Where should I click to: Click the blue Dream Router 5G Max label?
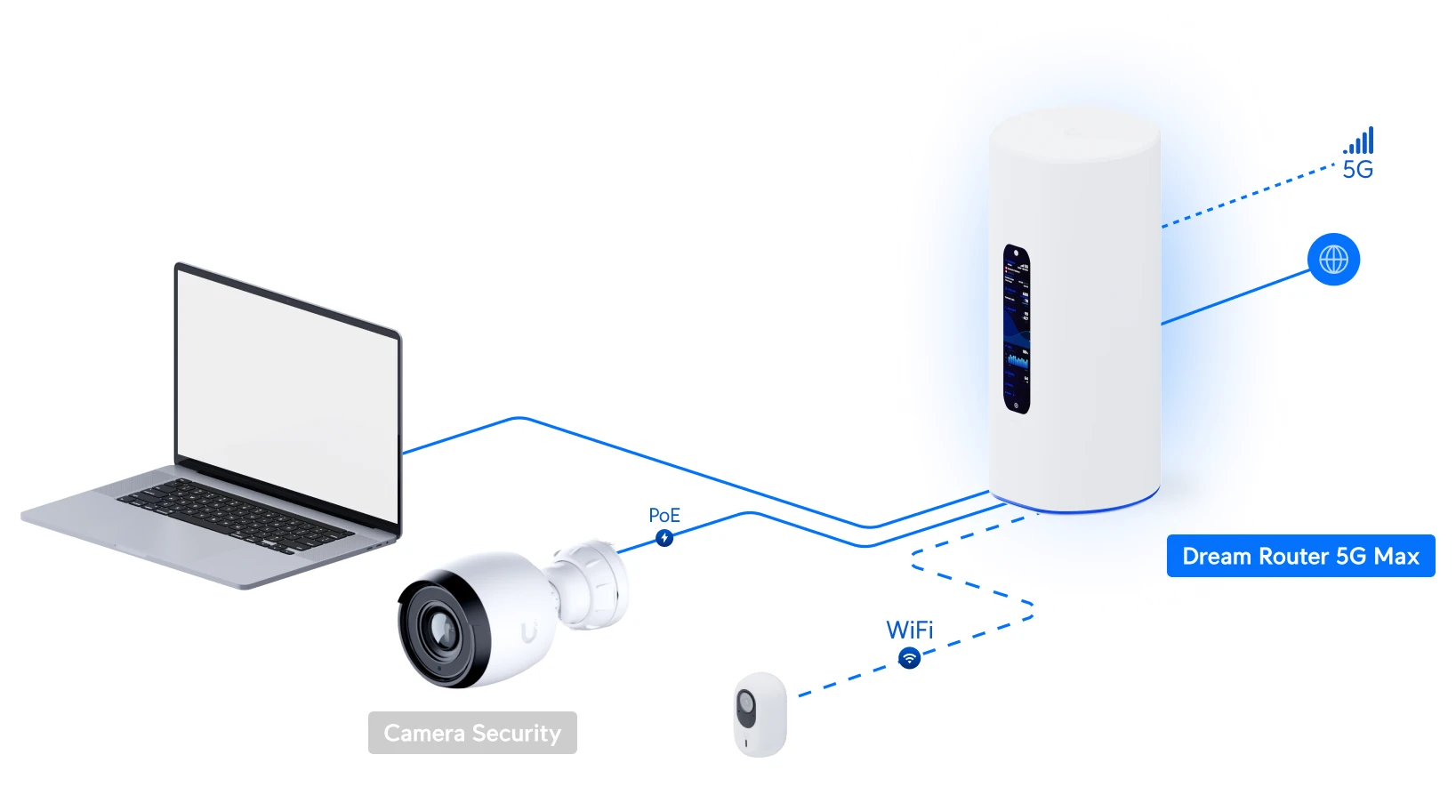click(1300, 556)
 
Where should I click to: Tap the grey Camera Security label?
click(472, 733)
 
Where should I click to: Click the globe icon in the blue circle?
click(1333, 260)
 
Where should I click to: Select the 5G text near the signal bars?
click(1357, 170)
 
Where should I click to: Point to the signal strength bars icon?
click(1360, 141)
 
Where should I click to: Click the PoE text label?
click(664, 516)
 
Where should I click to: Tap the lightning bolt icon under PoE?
click(664, 538)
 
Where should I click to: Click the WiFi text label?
click(909, 630)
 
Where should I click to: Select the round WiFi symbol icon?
click(909, 658)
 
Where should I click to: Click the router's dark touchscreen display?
click(1017, 329)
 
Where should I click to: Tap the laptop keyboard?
click(235, 515)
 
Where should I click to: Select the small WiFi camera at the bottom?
click(760, 713)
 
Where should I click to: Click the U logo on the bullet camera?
click(529, 632)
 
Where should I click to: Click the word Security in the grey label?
click(517, 734)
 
